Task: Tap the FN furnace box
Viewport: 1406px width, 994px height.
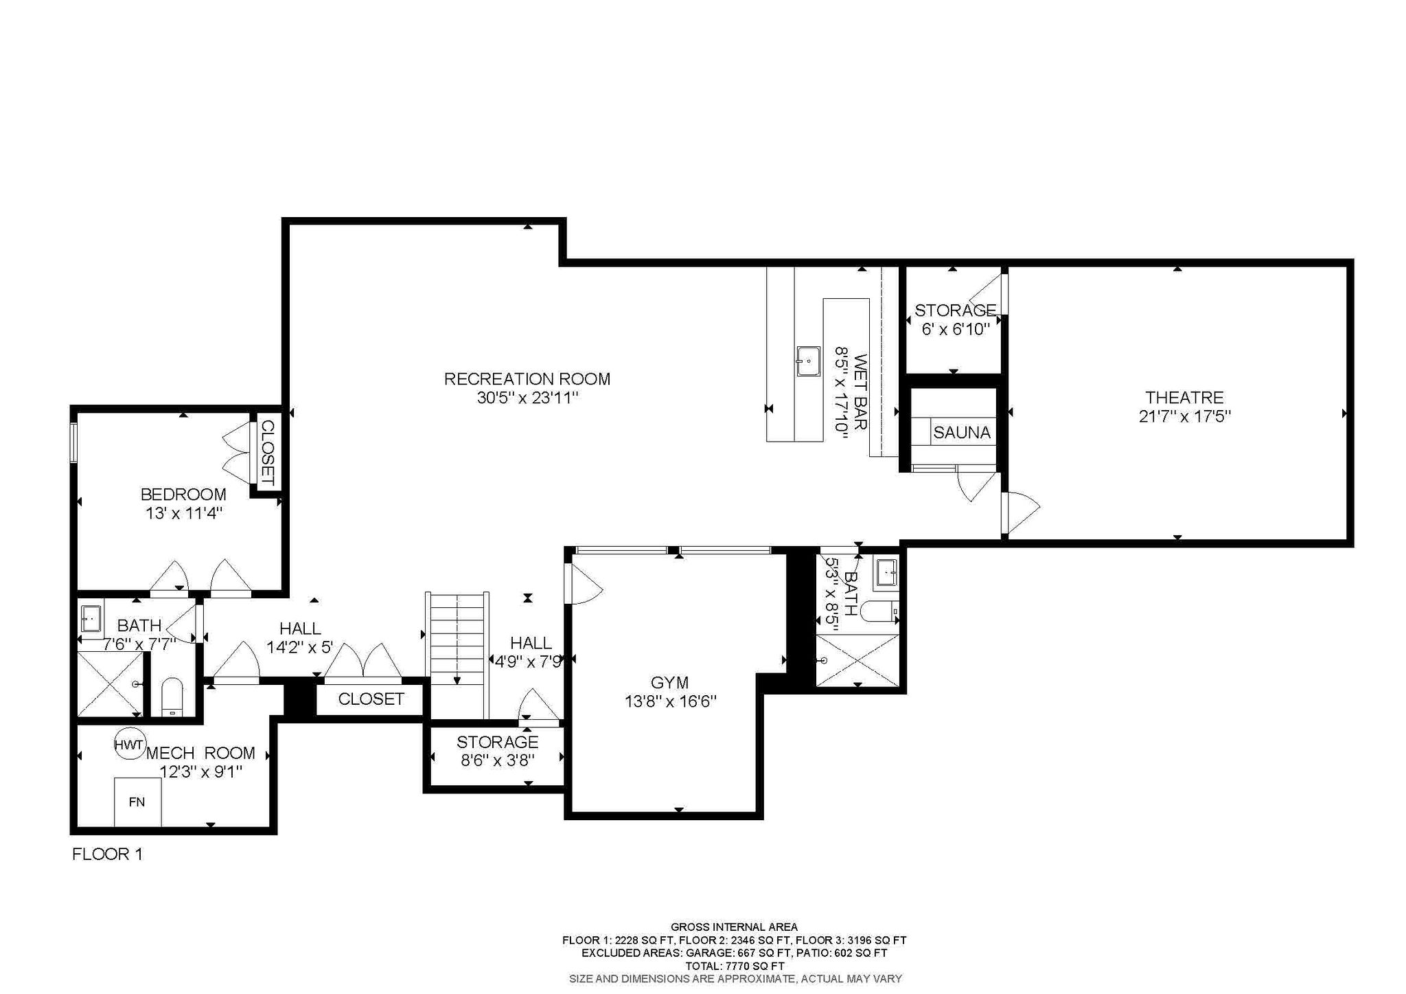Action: pyautogui.click(x=137, y=802)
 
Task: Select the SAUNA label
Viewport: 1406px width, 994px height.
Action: pyautogui.click(x=962, y=433)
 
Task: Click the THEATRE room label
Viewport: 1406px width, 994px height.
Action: pyautogui.click(x=1184, y=397)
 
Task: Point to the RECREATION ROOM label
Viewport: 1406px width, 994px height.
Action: pyautogui.click(x=527, y=379)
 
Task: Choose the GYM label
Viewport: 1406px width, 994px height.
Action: pyautogui.click(x=669, y=683)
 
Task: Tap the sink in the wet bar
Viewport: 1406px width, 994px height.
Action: pyautogui.click(x=809, y=361)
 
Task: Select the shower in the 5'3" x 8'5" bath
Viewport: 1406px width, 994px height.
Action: pyautogui.click(x=857, y=660)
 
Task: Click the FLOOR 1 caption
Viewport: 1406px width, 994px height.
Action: pyautogui.click(x=107, y=854)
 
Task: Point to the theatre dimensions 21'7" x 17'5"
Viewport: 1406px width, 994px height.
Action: pyautogui.click(x=1184, y=416)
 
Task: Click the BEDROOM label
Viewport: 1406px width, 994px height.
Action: pyautogui.click(x=183, y=494)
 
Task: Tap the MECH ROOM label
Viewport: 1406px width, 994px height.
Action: pyautogui.click(x=200, y=753)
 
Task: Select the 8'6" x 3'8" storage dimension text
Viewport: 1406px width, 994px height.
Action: pyautogui.click(x=498, y=760)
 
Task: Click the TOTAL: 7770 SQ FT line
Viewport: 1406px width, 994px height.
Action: pyautogui.click(x=735, y=965)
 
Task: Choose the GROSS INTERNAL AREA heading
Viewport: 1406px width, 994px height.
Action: pyautogui.click(x=734, y=927)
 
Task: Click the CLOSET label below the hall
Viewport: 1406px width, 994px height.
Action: pyautogui.click(x=371, y=699)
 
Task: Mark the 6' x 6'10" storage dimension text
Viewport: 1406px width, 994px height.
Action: pyautogui.click(x=955, y=329)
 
